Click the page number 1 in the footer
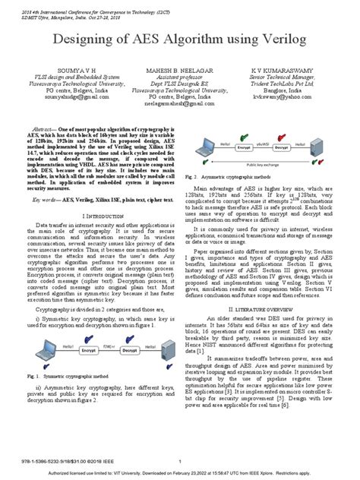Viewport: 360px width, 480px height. pos(180,461)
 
